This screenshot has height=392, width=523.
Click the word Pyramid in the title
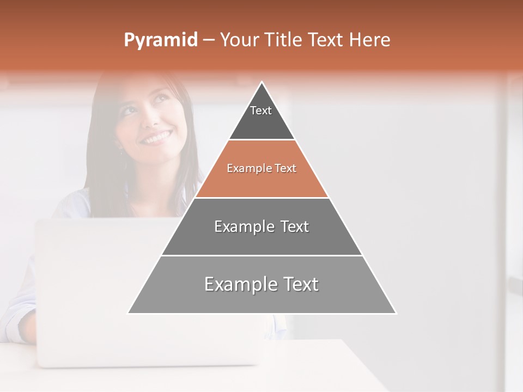tap(160, 40)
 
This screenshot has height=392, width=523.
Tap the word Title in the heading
tap(282, 40)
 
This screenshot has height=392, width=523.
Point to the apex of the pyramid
tap(262, 83)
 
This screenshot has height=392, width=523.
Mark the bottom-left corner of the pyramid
tap(129, 313)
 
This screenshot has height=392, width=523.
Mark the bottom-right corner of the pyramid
tap(396, 313)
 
